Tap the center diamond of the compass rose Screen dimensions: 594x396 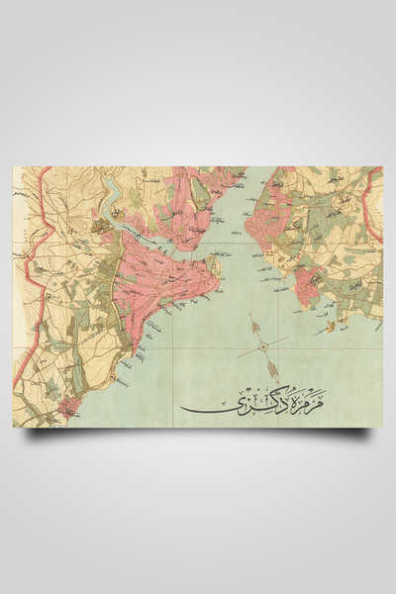[261, 345]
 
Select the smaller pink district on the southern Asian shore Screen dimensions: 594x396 [309, 285]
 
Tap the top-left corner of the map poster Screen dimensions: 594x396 [13, 166]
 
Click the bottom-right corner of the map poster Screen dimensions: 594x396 [382, 427]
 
